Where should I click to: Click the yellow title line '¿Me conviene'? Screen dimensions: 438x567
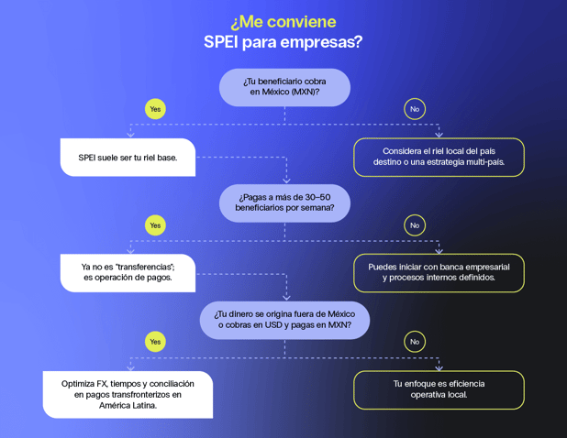click(x=283, y=21)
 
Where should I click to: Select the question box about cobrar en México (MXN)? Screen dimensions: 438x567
click(x=284, y=87)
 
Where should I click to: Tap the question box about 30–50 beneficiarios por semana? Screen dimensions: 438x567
click(x=284, y=203)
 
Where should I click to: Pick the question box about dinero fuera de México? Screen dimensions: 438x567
click(x=284, y=320)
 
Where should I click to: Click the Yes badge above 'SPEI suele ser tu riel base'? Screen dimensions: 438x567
click(x=155, y=108)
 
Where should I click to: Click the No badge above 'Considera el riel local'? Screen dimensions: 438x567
click(x=415, y=108)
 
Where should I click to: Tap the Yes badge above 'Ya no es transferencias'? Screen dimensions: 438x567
click(x=155, y=224)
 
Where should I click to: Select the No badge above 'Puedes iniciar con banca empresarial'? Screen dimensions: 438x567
click(x=415, y=224)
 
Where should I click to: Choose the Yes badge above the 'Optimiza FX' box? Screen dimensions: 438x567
click(x=155, y=342)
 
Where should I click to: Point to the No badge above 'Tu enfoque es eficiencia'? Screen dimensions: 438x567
click(x=415, y=342)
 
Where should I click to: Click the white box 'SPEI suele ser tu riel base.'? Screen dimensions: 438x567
click(x=128, y=158)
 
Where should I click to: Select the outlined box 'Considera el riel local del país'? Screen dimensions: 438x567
click(x=439, y=157)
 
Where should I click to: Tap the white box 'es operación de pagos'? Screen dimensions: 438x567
click(x=128, y=272)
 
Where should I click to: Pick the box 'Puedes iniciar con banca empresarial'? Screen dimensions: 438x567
click(x=439, y=272)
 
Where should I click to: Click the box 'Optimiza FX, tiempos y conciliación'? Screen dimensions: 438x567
click(x=128, y=394)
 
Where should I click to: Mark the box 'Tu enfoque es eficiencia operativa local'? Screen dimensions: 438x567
click(x=439, y=389)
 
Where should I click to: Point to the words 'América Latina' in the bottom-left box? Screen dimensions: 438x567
click(x=128, y=405)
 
